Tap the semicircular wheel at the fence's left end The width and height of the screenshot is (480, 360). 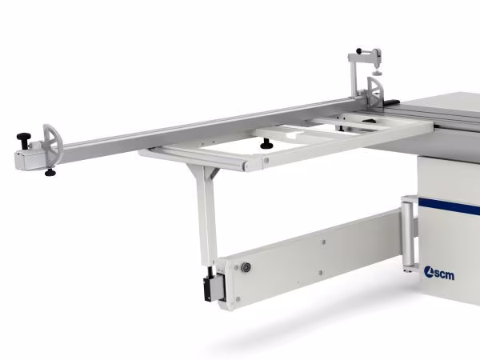click(x=53, y=144)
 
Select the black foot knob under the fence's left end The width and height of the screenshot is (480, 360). click(x=50, y=172)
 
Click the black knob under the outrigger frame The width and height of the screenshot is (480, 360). click(x=266, y=144)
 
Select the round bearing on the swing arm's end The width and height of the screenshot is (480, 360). click(x=246, y=267)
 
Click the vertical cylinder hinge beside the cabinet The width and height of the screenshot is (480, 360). click(x=408, y=234)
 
